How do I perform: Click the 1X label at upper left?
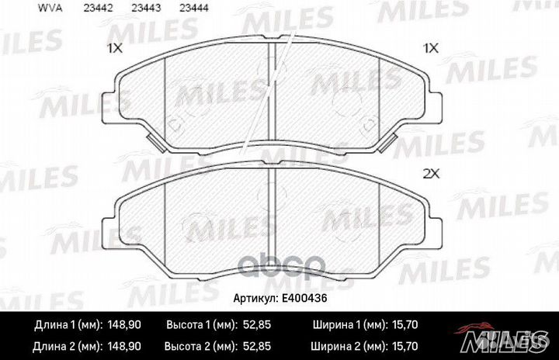pos(115,48)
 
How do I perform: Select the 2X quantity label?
pos(431,174)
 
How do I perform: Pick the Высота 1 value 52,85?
pos(258,324)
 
